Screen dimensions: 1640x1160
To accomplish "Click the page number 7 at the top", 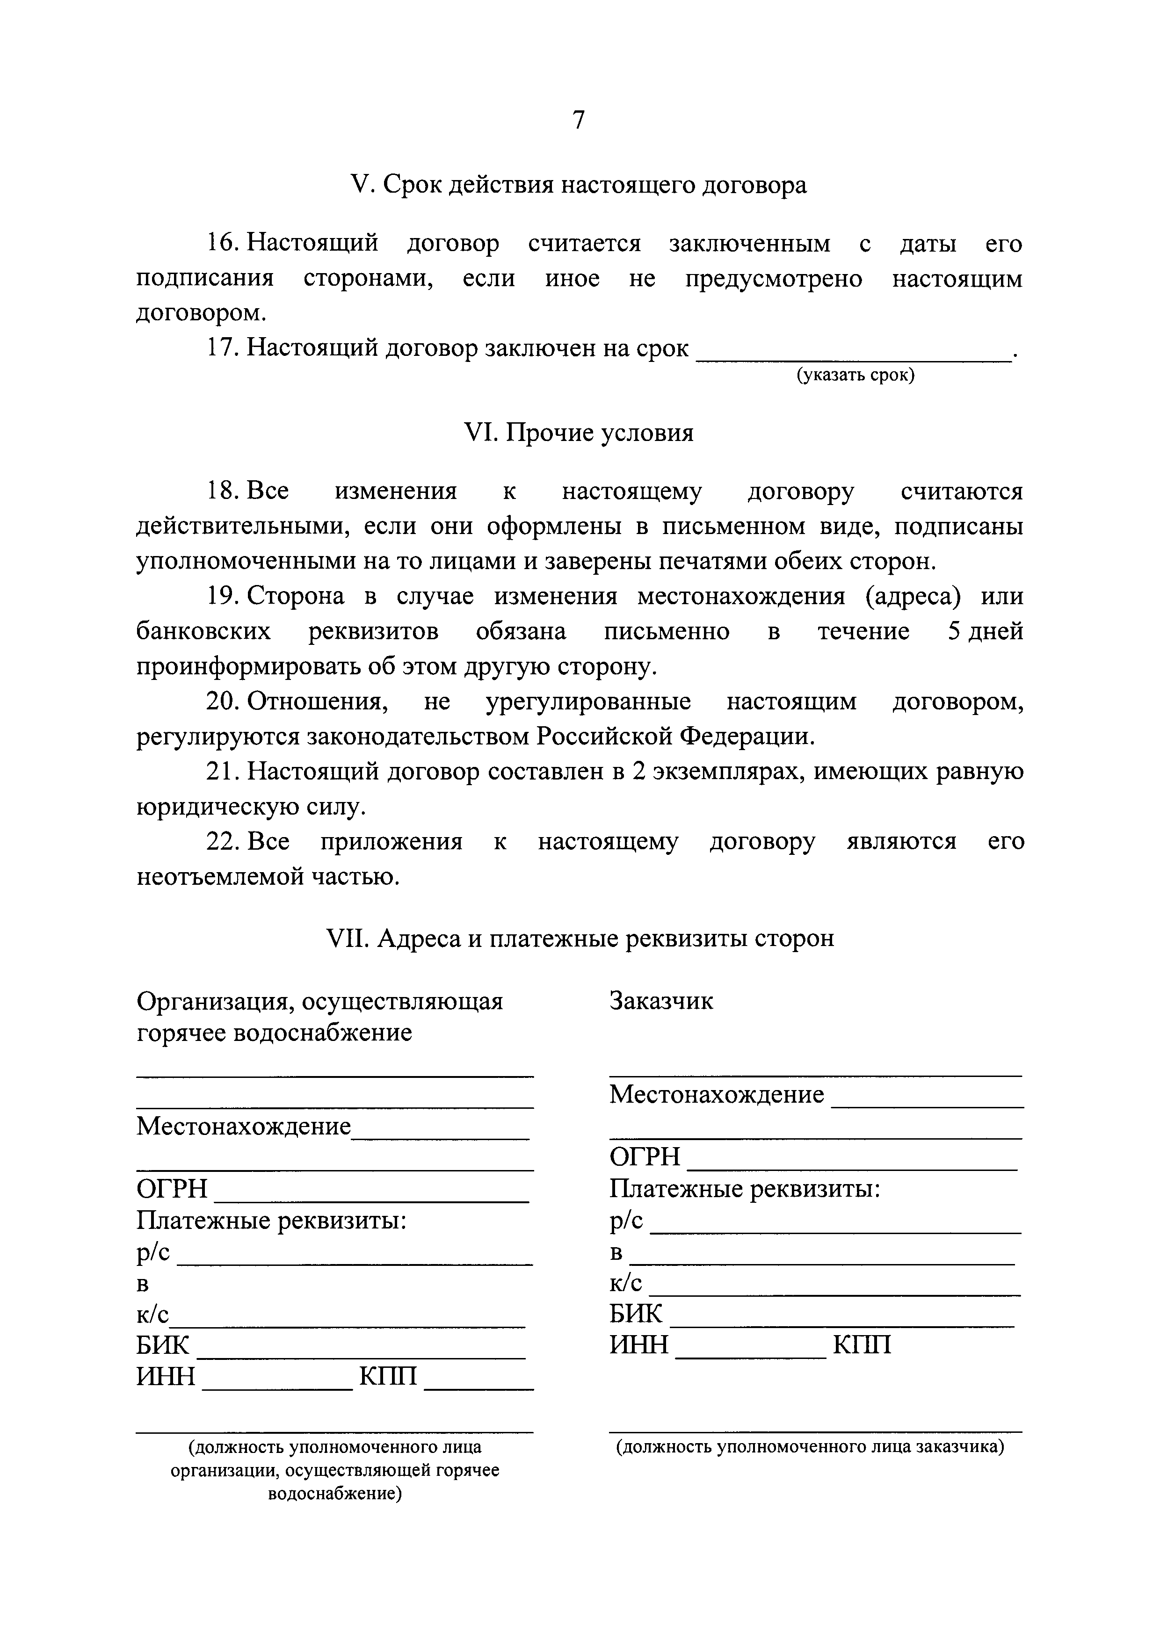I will click(x=579, y=120).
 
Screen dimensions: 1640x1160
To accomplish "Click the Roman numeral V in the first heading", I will click(x=359, y=185).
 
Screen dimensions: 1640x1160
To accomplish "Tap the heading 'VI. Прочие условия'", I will click(x=579, y=433).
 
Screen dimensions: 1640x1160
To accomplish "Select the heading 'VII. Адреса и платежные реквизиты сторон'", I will click(x=579, y=937).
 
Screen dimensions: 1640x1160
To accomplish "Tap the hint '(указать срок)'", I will click(x=855, y=375).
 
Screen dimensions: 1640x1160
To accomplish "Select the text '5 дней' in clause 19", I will click(x=985, y=631).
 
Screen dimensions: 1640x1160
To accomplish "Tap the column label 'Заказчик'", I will click(x=661, y=1001).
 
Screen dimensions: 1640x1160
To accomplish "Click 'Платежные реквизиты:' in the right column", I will click(x=744, y=1189).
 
